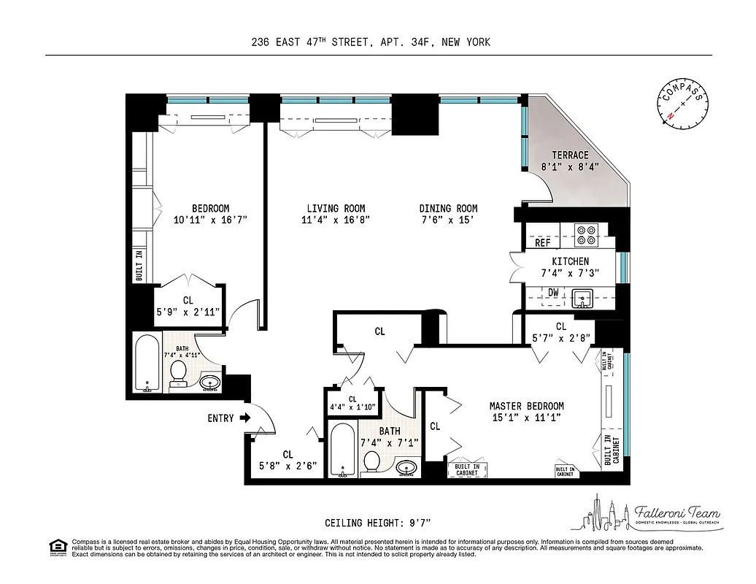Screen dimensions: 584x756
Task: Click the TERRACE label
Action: (570, 155)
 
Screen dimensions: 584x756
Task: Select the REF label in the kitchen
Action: (543, 243)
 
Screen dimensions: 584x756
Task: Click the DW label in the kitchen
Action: (553, 293)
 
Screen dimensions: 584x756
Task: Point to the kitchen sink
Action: (582, 298)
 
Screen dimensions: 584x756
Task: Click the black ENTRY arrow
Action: (245, 418)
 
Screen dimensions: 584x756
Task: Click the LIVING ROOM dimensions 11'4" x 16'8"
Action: (336, 220)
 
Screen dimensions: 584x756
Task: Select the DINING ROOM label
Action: (448, 208)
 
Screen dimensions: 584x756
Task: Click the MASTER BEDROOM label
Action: (526, 406)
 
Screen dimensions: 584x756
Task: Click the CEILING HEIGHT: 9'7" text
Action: (378, 523)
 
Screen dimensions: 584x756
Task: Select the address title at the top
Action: (371, 42)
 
